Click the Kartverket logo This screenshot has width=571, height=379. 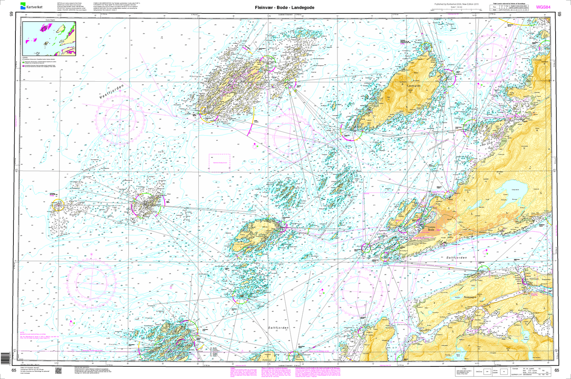pyautogui.click(x=34, y=6)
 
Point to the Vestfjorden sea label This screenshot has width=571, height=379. pyautogui.click(x=111, y=91)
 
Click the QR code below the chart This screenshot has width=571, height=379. pyautogui.click(x=58, y=371)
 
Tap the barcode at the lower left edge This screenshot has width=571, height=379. pyautogui.click(x=4, y=358)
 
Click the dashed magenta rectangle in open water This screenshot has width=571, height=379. pyautogui.click(x=219, y=162)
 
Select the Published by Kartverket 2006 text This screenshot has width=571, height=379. pyautogui.click(x=456, y=4)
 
